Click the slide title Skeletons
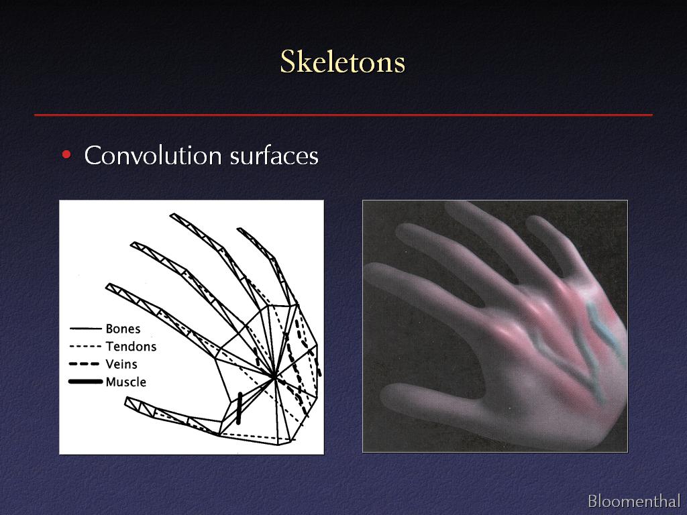(x=343, y=62)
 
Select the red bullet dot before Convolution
(x=66, y=155)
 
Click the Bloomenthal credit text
(x=634, y=500)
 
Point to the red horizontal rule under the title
(x=343, y=115)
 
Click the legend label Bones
(x=123, y=329)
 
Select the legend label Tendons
(x=131, y=347)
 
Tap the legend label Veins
(x=121, y=364)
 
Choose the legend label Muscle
(x=125, y=382)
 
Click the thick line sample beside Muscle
(x=85, y=382)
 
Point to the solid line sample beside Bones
(x=85, y=329)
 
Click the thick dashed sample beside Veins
(x=84, y=364)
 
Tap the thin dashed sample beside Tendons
(x=85, y=347)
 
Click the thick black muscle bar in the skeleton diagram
(x=240, y=408)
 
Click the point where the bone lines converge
(x=274, y=376)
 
